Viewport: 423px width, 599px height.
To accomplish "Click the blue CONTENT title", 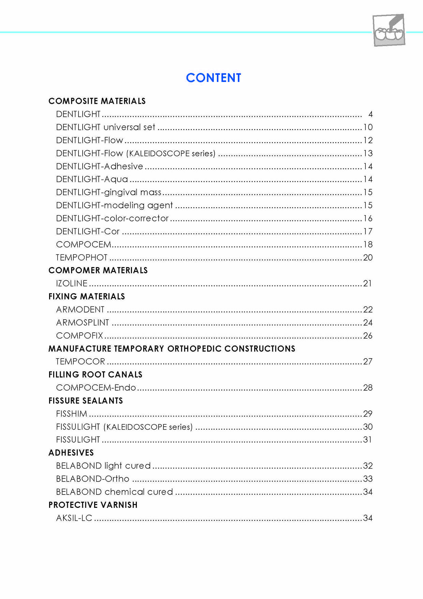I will (214, 78).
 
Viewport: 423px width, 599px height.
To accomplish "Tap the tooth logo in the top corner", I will (389, 30).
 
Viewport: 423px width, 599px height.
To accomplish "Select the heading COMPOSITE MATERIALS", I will (97, 101).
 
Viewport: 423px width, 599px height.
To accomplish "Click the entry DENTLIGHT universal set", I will (105, 127).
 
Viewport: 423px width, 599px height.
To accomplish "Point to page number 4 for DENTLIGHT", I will (370, 114).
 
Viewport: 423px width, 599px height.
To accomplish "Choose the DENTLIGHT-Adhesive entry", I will (99, 166).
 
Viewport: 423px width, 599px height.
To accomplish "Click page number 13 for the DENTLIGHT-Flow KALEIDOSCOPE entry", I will (368, 153).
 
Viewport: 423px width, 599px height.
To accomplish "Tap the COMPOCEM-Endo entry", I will (96, 388).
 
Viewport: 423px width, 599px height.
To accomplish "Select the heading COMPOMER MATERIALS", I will (98, 270).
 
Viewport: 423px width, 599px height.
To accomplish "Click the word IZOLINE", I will (72, 283).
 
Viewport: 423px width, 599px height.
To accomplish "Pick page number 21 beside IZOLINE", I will (367, 283).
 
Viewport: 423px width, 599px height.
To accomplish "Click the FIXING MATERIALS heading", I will (87, 296).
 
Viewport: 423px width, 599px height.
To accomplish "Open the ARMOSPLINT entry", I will (83, 323).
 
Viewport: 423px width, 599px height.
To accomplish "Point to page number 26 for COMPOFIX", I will (367, 336).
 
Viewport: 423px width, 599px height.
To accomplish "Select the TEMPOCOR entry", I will (81, 362).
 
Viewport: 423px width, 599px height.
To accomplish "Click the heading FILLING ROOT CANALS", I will (95, 375).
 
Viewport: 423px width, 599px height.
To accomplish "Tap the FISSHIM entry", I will (72, 414).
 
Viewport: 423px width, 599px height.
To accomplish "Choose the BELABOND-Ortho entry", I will (92, 479).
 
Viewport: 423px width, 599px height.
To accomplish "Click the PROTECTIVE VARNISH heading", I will (93, 505).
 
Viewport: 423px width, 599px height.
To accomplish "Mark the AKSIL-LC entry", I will (74, 518).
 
